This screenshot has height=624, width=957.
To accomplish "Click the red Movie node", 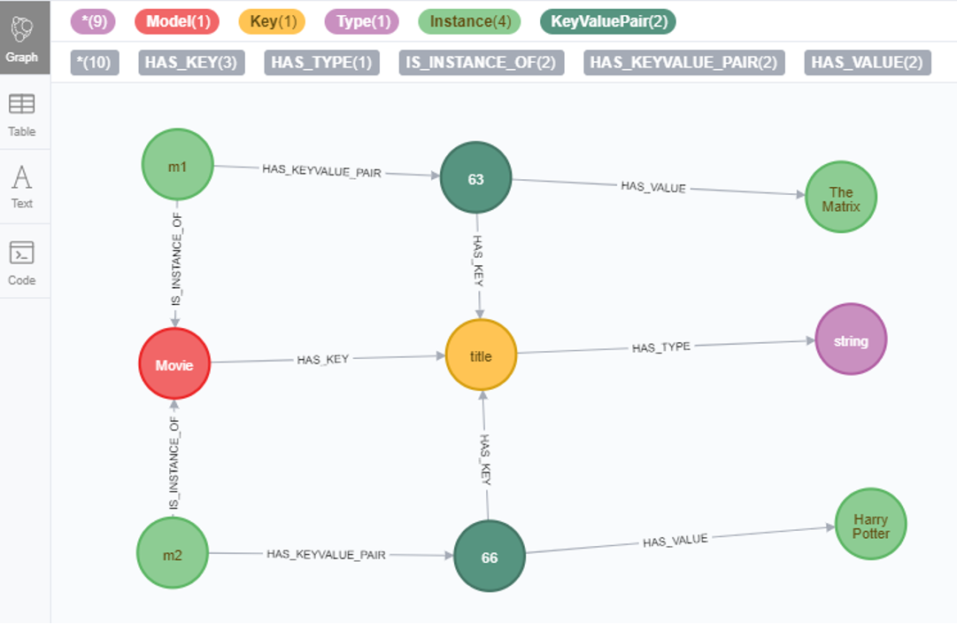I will pyautogui.click(x=174, y=364).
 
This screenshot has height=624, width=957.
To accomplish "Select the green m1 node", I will pyautogui.click(x=177, y=165).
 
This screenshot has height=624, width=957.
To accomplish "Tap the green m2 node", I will pyautogui.click(x=173, y=554).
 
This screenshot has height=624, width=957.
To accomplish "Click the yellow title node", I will pyautogui.click(x=481, y=355).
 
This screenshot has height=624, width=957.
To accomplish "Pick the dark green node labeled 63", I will pyautogui.click(x=476, y=179).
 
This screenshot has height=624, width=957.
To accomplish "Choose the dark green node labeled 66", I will pyautogui.click(x=490, y=557).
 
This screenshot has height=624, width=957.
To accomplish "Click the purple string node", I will pyautogui.click(x=850, y=339).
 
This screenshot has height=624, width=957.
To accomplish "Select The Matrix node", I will pyautogui.click(x=840, y=198).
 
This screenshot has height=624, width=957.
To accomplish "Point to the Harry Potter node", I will pyautogui.click(x=871, y=525).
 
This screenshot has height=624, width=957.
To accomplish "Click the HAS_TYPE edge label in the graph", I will pyautogui.click(x=660, y=347).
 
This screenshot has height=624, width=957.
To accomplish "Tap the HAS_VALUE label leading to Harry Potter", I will pyautogui.click(x=675, y=540).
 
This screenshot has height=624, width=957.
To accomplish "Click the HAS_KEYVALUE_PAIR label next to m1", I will pyautogui.click(x=321, y=171).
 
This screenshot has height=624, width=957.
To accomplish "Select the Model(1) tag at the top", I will pyautogui.click(x=177, y=22).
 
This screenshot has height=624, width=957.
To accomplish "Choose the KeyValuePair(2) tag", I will pyautogui.click(x=608, y=22).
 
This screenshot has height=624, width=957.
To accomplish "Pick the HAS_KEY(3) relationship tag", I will pyautogui.click(x=191, y=62).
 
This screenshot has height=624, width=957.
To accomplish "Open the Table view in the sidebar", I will pyautogui.click(x=22, y=115).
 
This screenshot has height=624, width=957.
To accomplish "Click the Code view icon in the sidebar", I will pyautogui.click(x=22, y=263).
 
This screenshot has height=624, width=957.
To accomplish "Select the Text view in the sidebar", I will pyautogui.click(x=22, y=188).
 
